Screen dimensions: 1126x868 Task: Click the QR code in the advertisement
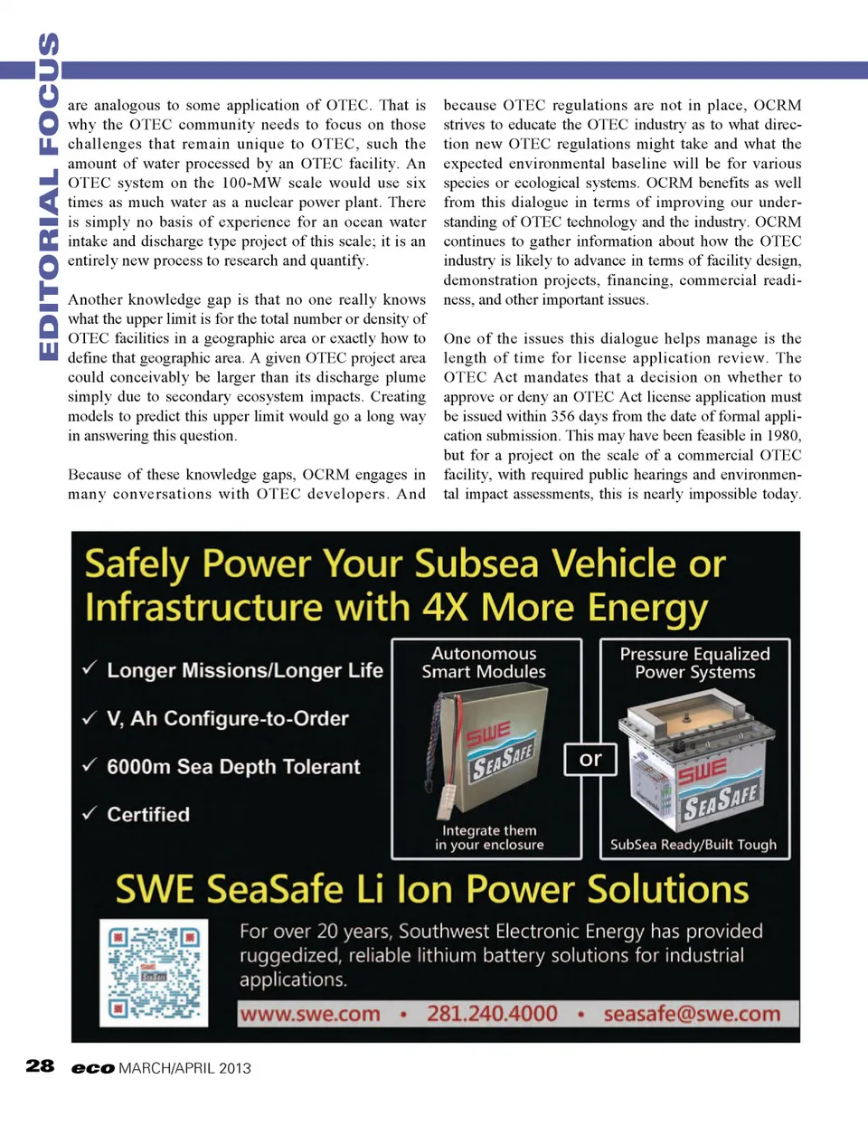tap(153, 972)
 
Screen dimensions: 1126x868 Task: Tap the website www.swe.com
tap(310, 1014)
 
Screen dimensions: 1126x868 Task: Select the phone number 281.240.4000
tap(492, 1014)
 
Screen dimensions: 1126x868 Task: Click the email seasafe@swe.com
tap(692, 1014)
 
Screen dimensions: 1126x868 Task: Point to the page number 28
tap(40, 1066)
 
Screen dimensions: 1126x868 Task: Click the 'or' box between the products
tap(590, 760)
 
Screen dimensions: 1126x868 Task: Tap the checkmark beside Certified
tap(90, 813)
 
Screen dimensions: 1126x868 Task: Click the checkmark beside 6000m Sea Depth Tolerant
tap(90, 765)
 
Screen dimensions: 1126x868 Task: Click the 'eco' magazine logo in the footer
tap(93, 1068)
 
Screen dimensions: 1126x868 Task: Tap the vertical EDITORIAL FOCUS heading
tap(48, 197)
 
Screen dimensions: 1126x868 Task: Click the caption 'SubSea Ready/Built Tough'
tap(693, 845)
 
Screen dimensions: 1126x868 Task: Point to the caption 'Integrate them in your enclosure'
tap(489, 837)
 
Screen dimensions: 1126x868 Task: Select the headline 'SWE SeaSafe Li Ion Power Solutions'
tap(432, 890)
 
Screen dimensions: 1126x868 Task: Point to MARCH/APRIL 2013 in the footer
tap(184, 1068)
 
